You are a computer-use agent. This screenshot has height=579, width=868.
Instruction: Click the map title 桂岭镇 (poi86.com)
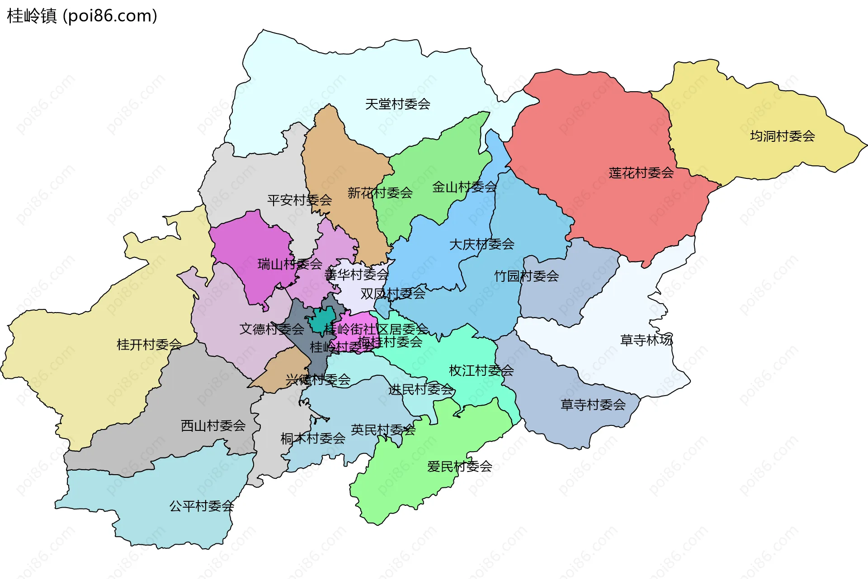(82, 16)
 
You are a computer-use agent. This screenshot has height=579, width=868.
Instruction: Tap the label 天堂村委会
(397, 104)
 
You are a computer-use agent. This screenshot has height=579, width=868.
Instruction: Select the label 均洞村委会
(782, 136)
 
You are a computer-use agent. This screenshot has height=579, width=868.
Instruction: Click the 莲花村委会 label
(641, 173)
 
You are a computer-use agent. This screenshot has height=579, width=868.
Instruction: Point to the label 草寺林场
(646, 340)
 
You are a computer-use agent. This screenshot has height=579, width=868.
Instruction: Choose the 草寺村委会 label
(593, 405)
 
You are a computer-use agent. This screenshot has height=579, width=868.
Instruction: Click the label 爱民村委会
(459, 466)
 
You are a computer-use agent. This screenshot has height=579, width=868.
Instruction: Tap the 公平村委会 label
(201, 506)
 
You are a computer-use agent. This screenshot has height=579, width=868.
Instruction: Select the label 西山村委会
(213, 425)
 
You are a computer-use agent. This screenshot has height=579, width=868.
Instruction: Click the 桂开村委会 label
(149, 345)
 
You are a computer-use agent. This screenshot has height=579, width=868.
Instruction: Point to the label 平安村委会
(299, 200)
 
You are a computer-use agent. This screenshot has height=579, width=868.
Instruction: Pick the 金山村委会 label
(464, 187)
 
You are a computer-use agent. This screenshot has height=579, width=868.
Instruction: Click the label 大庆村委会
(481, 244)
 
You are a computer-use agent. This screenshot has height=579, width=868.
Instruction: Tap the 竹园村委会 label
(526, 276)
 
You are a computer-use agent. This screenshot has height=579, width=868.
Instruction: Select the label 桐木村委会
(312, 438)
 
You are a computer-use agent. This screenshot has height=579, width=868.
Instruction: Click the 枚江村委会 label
(481, 370)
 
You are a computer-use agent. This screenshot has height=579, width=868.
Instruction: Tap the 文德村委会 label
(271, 329)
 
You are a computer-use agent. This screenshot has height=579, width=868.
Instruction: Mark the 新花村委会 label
(380, 193)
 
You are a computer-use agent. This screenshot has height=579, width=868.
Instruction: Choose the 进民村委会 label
(420, 389)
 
